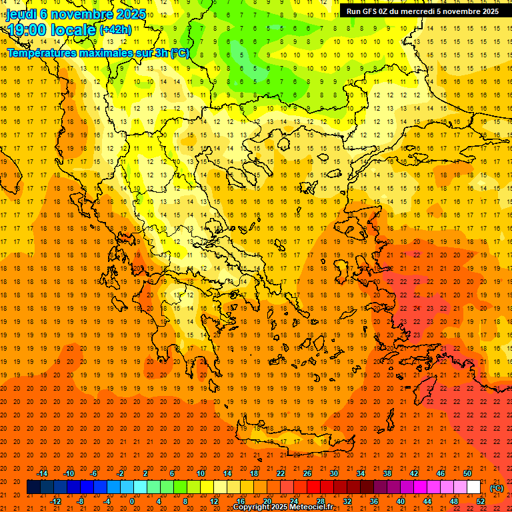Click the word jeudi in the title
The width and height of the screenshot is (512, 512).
pos(21,13)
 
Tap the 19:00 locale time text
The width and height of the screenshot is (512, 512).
pos(52,31)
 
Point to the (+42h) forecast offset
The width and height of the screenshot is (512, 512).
pos(115,30)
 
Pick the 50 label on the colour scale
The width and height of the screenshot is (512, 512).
pos(467,473)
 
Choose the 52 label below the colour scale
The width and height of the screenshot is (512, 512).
pos(481,501)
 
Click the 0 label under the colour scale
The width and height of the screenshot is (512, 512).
pos(132,501)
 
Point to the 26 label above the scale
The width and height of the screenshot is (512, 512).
pos(307,473)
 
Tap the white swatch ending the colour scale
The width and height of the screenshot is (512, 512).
pos(474,487)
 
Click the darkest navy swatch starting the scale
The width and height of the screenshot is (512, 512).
pos(33,487)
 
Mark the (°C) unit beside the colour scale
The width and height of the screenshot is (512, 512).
pos(497,488)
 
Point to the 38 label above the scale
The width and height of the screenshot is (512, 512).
pos(387,473)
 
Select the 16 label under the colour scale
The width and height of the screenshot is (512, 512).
pos(241,501)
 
